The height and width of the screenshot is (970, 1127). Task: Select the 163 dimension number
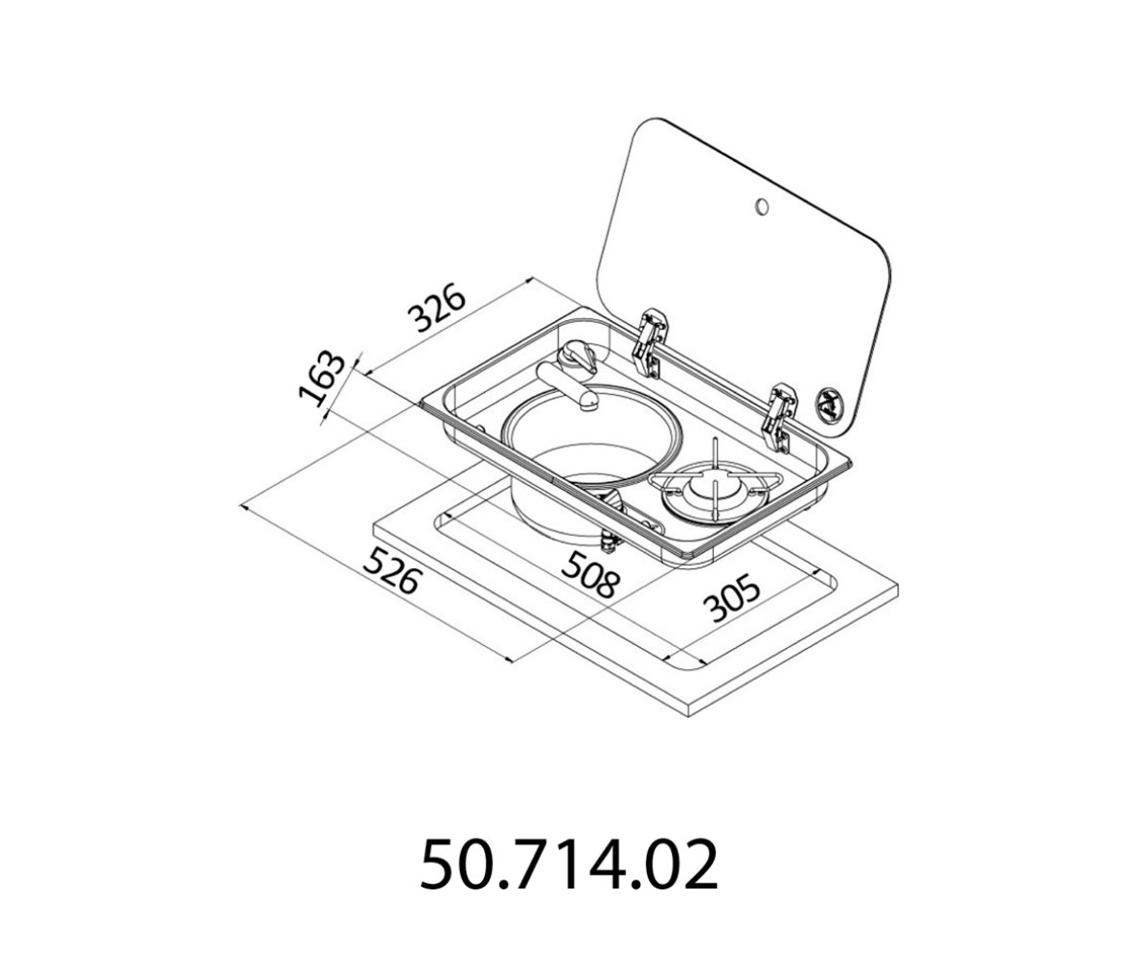coord(320,379)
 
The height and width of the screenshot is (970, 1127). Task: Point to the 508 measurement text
coord(589,574)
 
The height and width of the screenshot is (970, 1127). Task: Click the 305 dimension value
coord(731,597)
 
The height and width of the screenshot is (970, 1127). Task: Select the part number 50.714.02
coord(567,864)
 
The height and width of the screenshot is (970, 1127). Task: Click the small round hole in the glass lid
coord(761,208)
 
